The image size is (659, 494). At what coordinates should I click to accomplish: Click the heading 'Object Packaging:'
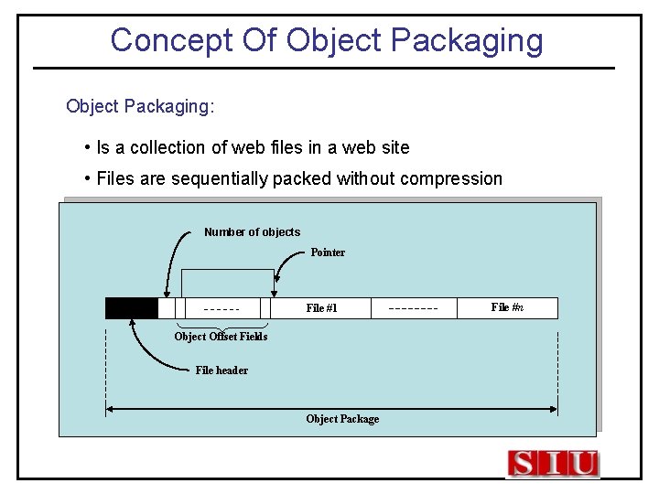[x=140, y=106]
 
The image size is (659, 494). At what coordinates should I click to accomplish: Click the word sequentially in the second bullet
[x=218, y=178]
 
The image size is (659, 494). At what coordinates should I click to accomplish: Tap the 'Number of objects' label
[x=252, y=232]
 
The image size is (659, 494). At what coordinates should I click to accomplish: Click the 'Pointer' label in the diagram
[x=328, y=252]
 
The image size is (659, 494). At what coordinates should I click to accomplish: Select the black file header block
[x=132, y=308]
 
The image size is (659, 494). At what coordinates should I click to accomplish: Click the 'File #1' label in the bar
[x=321, y=308]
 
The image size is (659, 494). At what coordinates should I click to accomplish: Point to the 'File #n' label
[x=507, y=307]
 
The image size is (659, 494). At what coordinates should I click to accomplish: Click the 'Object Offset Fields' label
[x=221, y=337]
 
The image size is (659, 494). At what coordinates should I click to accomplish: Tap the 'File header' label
[x=221, y=370]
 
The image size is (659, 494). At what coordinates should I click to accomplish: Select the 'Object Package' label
[x=342, y=419]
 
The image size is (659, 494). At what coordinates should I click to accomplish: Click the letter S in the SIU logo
[x=524, y=464]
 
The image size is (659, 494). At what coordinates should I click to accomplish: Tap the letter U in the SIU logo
[x=582, y=464]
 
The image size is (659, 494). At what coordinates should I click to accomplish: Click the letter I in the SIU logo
[x=553, y=464]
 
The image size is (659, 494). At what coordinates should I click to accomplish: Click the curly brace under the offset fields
[x=221, y=326]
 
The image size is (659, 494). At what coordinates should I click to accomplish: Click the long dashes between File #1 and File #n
[x=413, y=308]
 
